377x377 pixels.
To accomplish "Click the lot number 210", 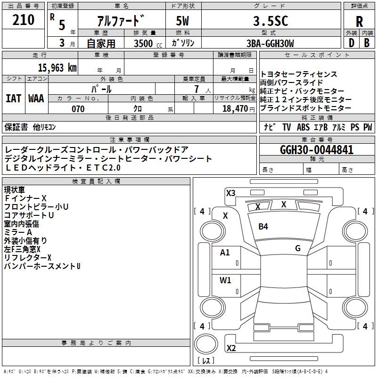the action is click(x=23, y=20).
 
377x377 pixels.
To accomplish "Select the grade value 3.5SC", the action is click(x=270, y=21).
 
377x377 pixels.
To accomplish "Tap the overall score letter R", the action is click(x=359, y=22).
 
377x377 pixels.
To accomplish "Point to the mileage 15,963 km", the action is click(x=57, y=68).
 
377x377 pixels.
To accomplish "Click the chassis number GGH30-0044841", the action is click(x=317, y=150).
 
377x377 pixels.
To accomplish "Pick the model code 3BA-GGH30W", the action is click(x=270, y=43).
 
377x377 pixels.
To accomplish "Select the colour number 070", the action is click(x=78, y=109).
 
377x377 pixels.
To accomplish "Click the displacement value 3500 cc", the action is click(x=148, y=44).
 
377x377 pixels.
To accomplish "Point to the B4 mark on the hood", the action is click(x=263, y=227).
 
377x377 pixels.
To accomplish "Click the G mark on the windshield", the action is click(x=298, y=248).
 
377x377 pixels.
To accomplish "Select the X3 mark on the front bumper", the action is click(x=230, y=193).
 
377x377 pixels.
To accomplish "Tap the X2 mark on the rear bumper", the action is click(x=231, y=348).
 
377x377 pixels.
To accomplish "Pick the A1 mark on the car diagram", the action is click(x=225, y=253).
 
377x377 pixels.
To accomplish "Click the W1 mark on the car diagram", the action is click(x=225, y=280).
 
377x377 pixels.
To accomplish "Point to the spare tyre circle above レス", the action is click(x=206, y=344).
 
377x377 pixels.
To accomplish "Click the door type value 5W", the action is click(x=182, y=21).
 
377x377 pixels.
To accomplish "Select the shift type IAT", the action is click(x=14, y=98).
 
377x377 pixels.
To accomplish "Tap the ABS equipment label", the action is click(x=303, y=127).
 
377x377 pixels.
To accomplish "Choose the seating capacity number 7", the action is click(x=197, y=89).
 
